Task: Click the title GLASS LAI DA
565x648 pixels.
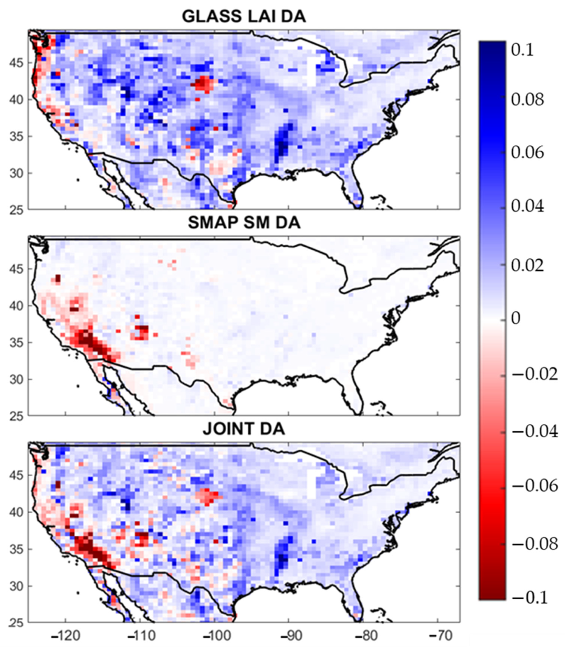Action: click(244, 16)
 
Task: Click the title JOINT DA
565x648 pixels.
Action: click(244, 429)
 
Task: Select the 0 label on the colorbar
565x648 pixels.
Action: click(515, 318)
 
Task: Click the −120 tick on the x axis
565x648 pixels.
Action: click(65, 635)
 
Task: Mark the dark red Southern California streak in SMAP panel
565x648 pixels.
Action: click(92, 342)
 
